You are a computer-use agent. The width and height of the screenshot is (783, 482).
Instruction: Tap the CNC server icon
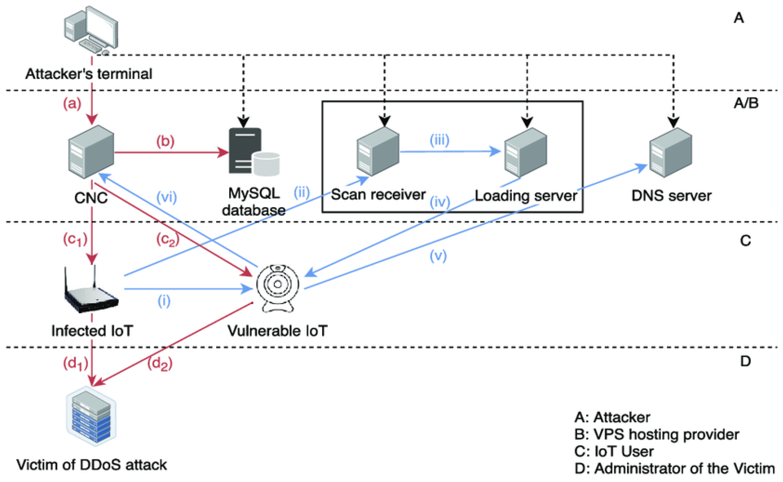click(x=91, y=152)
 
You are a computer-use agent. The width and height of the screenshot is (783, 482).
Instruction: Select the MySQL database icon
click(x=254, y=152)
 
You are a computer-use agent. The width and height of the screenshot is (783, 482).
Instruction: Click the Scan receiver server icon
click(x=378, y=152)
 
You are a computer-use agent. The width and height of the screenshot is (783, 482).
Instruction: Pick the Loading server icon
click(x=526, y=152)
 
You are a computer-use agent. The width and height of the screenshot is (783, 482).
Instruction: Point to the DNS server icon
click(x=670, y=152)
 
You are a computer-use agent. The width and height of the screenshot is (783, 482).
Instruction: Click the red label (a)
click(x=72, y=104)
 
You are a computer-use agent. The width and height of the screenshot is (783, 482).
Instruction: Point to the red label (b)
click(x=165, y=141)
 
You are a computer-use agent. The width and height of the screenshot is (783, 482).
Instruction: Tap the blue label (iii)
click(x=439, y=140)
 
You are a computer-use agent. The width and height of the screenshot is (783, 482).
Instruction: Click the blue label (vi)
click(x=166, y=197)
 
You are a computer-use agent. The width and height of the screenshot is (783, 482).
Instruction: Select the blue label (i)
click(x=164, y=301)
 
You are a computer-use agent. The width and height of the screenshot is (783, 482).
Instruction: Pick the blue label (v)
click(x=438, y=255)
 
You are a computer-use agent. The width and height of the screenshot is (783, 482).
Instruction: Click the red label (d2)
click(x=160, y=363)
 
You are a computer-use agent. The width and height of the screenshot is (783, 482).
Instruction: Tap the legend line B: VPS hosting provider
click(x=657, y=434)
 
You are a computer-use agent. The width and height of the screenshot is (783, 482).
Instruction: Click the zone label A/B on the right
click(x=746, y=103)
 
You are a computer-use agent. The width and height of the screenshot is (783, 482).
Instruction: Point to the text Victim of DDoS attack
click(x=91, y=465)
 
